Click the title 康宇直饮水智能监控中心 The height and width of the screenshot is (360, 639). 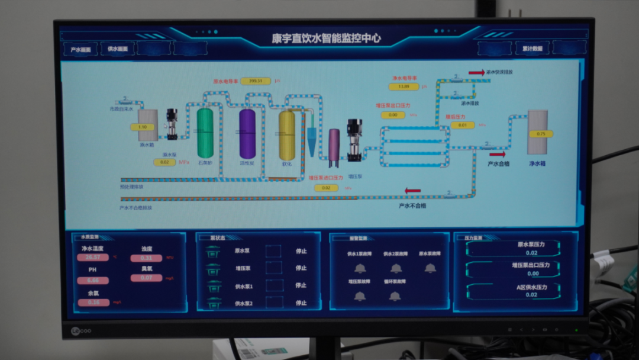coord(326,39)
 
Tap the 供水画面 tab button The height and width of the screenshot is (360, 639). coord(117,49)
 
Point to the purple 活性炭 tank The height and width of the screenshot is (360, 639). coord(247,133)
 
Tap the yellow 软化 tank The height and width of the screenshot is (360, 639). coord(287,135)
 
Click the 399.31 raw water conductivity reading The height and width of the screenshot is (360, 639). coord(256,81)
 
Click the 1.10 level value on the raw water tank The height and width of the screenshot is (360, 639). coord(143,127)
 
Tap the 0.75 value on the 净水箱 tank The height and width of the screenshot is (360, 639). coord(540,134)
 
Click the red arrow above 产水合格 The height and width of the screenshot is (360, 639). coord(498,153)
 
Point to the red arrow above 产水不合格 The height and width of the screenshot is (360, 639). coord(412,191)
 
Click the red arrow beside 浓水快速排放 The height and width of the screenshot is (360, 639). coord(476,72)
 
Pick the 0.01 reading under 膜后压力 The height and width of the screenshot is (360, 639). coord(463,125)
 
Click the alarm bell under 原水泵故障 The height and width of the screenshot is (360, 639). coord(430,268)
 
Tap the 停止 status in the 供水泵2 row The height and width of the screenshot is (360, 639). coord(301,303)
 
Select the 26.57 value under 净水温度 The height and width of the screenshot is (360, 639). coord(93,258)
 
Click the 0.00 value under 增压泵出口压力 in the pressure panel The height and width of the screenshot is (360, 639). coord(532,274)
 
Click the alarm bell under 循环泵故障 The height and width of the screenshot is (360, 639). coord(395,296)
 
